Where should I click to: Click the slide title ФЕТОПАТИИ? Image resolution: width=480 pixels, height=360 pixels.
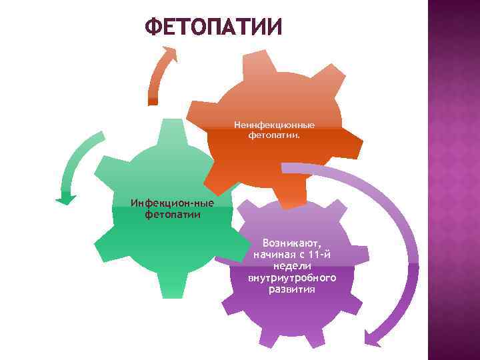(213, 27)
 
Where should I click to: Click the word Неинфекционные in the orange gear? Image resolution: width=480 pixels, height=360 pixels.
(274, 125)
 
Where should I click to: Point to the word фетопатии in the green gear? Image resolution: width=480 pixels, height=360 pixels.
(173, 214)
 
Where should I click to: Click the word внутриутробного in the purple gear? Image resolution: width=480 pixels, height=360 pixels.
(292, 277)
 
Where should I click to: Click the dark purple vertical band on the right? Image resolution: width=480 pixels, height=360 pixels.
(453, 180)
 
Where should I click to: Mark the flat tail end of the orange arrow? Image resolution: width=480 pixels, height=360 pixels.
(153, 101)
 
